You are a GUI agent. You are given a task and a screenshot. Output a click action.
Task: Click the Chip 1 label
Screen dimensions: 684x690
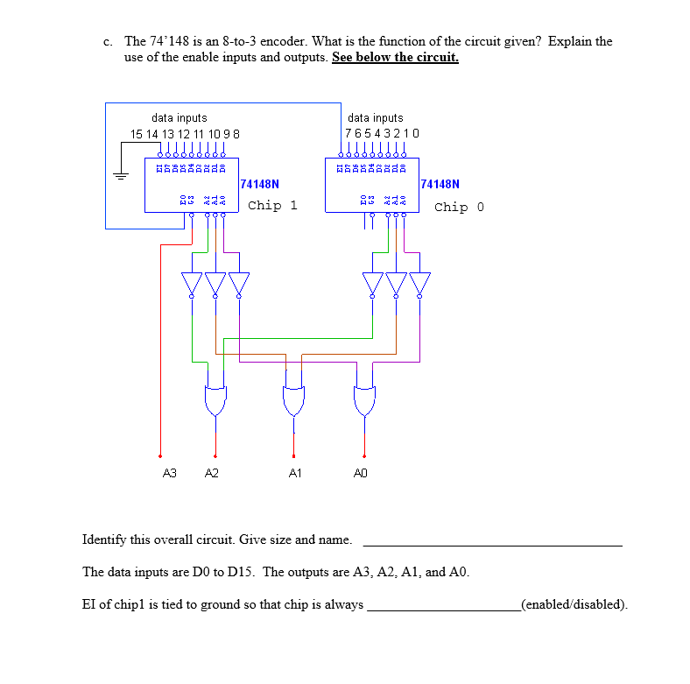tap(272, 206)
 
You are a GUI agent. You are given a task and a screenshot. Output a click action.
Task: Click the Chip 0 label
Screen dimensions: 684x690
tap(459, 207)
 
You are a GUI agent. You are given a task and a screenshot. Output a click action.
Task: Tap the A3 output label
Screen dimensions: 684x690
tap(170, 473)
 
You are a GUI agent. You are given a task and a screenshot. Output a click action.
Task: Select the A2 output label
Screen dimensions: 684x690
tap(211, 473)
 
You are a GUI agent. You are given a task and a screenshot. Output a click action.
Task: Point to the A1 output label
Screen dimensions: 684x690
tap(295, 473)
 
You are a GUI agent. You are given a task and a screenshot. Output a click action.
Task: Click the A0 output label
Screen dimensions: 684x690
tap(361, 473)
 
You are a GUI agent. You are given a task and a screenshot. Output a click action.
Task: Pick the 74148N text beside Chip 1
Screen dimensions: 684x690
tap(259, 184)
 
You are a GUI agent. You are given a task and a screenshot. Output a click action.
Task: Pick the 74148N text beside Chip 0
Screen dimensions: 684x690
tap(440, 184)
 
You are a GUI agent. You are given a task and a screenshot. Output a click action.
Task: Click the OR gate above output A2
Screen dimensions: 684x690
tap(215, 399)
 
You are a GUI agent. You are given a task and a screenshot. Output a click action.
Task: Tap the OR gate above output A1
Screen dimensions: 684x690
tap(293, 399)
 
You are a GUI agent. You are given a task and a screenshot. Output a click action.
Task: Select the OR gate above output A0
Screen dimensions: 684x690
tap(364, 399)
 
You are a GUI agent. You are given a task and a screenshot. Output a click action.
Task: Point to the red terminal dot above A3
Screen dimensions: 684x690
tap(159, 455)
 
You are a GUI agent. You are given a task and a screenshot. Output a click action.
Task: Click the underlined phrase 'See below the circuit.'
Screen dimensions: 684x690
tap(395, 58)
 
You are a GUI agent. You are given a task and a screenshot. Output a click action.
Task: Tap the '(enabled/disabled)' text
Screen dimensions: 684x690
tap(574, 604)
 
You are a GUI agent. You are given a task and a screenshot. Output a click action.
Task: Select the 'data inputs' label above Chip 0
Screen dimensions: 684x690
tap(376, 117)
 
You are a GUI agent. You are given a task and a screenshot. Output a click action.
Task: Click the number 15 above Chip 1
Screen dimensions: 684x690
tap(137, 133)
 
